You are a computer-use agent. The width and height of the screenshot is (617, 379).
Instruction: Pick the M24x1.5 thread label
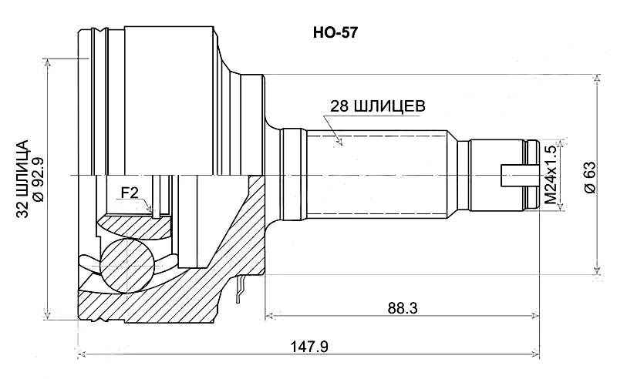(550, 175)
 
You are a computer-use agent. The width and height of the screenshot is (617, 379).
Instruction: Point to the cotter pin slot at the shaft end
(517, 176)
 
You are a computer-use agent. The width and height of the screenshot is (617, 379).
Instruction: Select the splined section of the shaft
(378, 175)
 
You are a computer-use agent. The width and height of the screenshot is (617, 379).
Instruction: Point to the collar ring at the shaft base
(293, 175)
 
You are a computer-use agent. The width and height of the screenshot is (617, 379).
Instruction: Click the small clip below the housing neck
(241, 288)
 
